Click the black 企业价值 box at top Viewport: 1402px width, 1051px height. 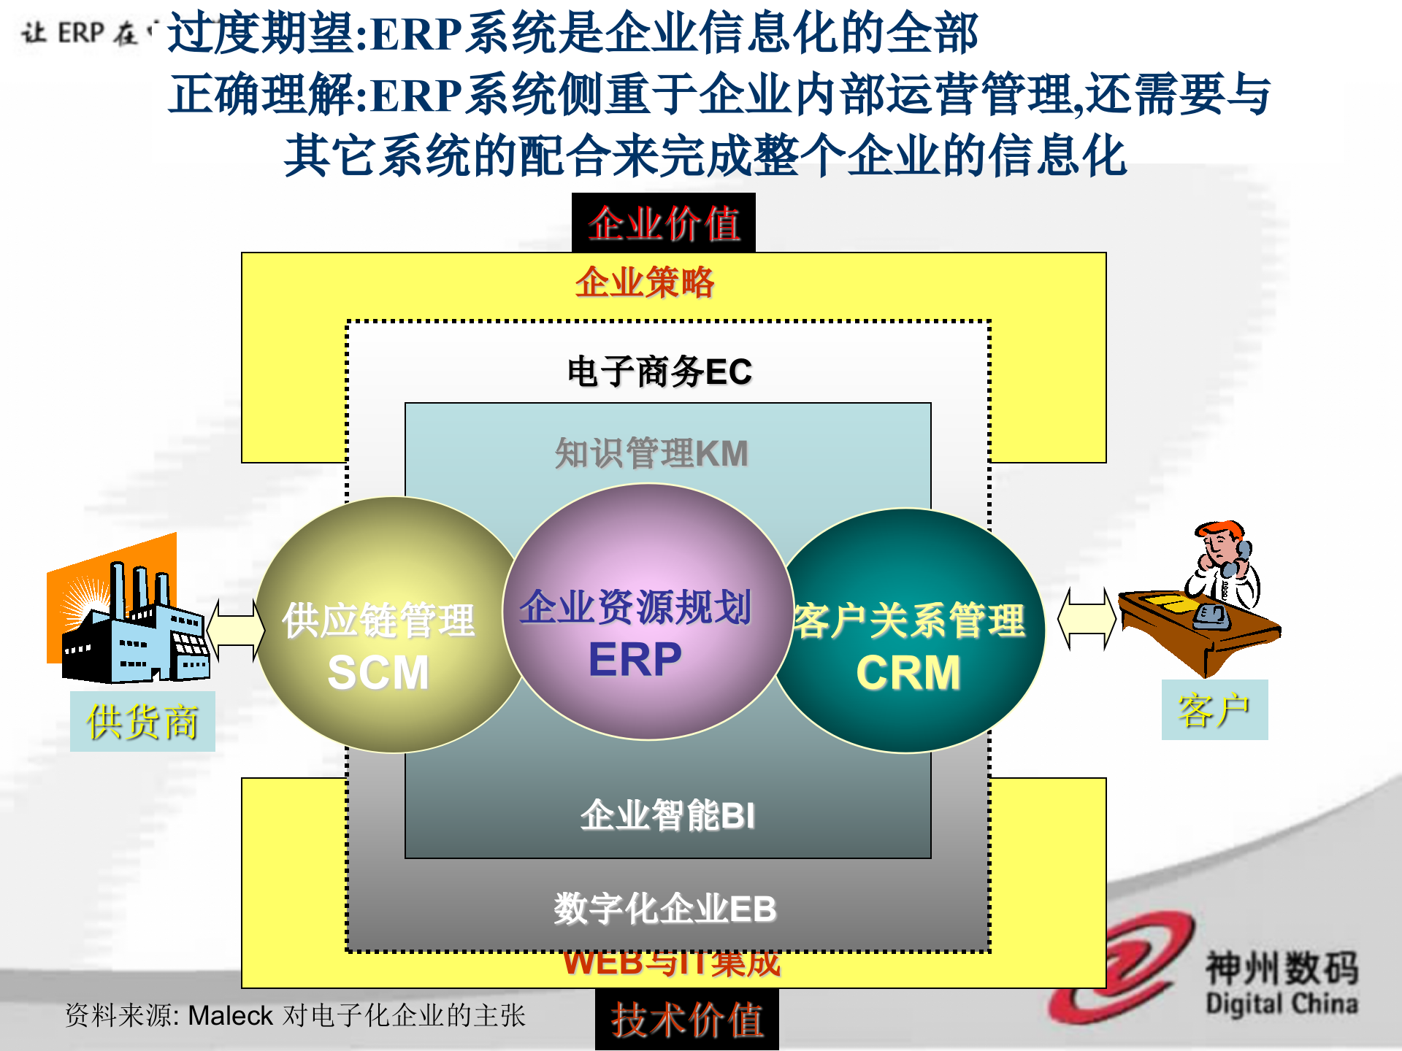tap(663, 223)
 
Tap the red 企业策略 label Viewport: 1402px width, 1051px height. tap(644, 282)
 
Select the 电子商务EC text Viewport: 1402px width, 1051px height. tap(659, 371)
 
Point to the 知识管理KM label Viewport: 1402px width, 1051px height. tap(651, 453)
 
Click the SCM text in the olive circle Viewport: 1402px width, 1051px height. tap(378, 672)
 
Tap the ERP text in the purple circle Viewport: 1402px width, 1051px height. tap(635, 659)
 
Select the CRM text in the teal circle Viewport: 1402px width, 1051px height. tap(908, 672)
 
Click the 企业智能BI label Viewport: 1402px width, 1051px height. tap(667, 815)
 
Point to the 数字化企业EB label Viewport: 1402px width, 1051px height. tap(664, 909)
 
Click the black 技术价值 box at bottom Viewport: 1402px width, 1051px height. tap(686, 1020)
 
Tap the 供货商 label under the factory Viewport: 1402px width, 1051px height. tap(142, 722)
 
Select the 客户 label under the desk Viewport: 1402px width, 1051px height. tap(1214, 710)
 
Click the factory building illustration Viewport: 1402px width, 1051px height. tap(131, 620)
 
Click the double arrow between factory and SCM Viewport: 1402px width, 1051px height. tap(236, 630)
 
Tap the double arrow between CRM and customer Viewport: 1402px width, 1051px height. tap(1087, 619)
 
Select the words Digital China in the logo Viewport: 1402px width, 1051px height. tap(1282, 1004)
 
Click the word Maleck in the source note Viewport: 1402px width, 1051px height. tap(230, 1016)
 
